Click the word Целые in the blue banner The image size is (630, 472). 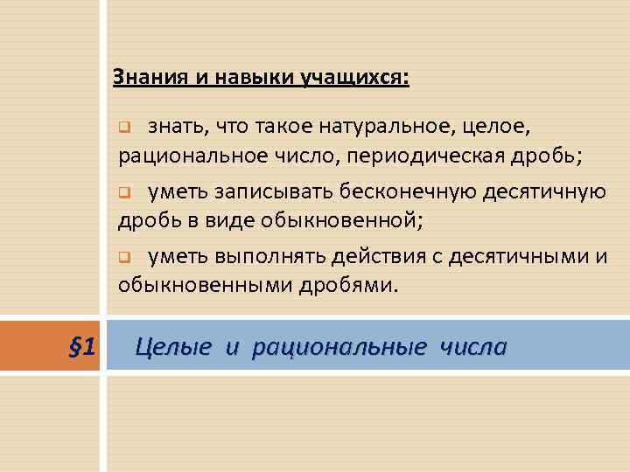point(173,347)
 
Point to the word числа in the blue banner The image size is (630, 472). point(473,347)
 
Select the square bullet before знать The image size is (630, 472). point(124,128)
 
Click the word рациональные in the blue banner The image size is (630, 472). point(337,347)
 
